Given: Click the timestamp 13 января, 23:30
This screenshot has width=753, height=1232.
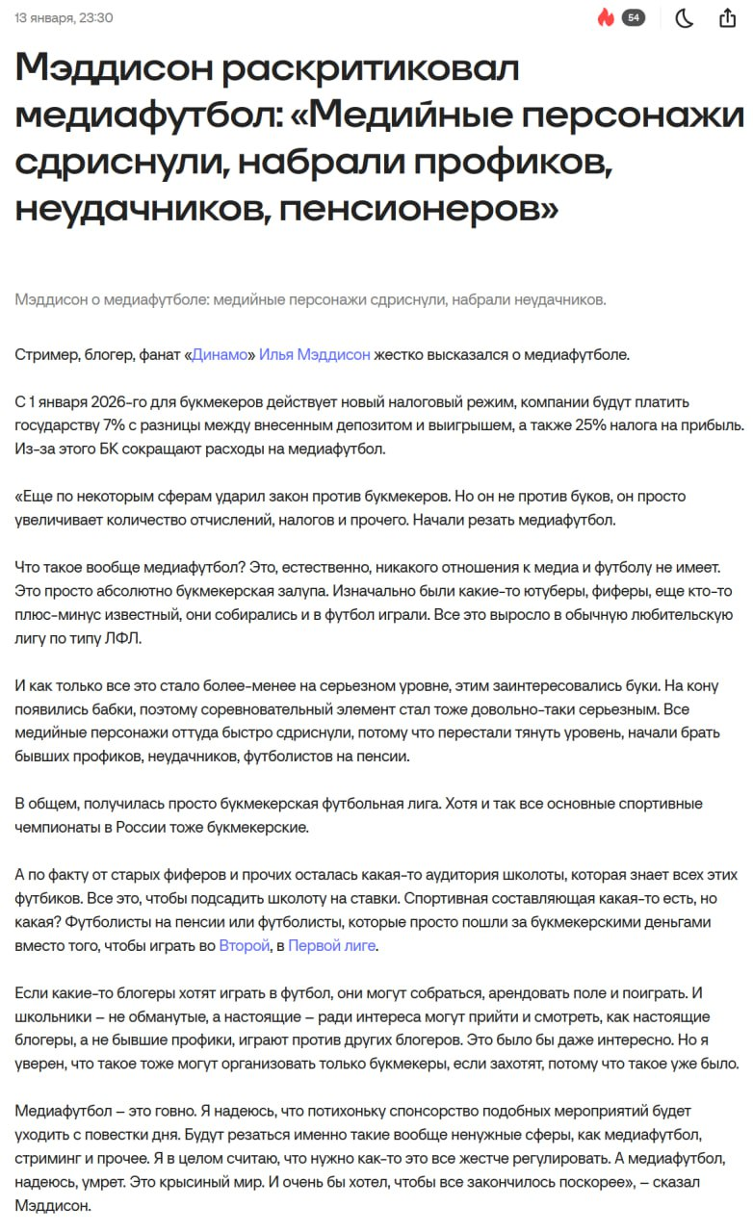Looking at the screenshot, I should pyautogui.click(x=64, y=18).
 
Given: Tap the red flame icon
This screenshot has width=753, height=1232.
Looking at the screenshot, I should pyautogui.click(x=606, y=18).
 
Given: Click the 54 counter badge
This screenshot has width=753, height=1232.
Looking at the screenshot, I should pyautogui.click(x=633, y=18).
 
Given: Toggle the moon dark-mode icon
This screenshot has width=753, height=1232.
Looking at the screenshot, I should pyautogui.click(x=684, y=18).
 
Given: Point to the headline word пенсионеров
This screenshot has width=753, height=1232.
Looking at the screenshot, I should pyautogui.click(x=425, y=206).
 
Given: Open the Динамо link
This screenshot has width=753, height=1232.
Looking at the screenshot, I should pyautogui.click(x=220, y=354).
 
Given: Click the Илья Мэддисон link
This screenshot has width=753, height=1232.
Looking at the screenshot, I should pyautogui.click(x=315, y=354).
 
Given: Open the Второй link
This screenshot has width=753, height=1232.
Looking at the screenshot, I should pyautogui.click(x=244, y=945).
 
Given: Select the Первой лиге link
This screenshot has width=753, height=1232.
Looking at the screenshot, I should pyautogui.click(x=332, y=945).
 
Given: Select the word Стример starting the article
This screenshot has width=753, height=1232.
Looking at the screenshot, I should pyautogui.click(x=45, y=354).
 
